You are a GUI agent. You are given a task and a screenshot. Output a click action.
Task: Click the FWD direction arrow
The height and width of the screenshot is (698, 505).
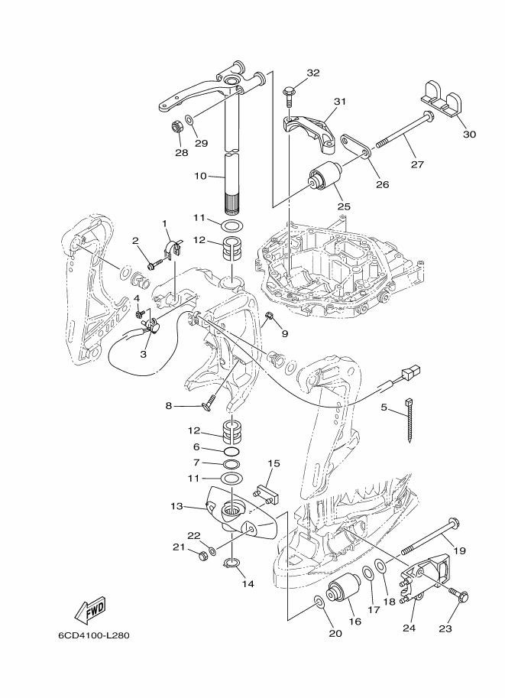pos(89,609)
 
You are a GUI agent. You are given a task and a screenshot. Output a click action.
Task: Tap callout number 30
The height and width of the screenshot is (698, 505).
pos(468,135)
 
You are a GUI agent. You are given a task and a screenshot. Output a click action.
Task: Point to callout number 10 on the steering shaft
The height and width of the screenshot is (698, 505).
pos(199,176)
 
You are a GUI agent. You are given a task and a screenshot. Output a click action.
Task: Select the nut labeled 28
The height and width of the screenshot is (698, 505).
pos(176,126)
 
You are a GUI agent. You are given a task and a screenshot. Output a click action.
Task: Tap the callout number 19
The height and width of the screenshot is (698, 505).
pos(460,550)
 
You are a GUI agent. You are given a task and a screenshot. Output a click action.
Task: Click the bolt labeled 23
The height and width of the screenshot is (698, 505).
pos(459,596)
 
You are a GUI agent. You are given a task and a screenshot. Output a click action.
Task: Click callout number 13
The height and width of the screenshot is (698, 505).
pos(176,506)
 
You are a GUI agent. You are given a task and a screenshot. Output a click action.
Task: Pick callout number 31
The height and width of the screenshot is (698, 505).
pos(340,101)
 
